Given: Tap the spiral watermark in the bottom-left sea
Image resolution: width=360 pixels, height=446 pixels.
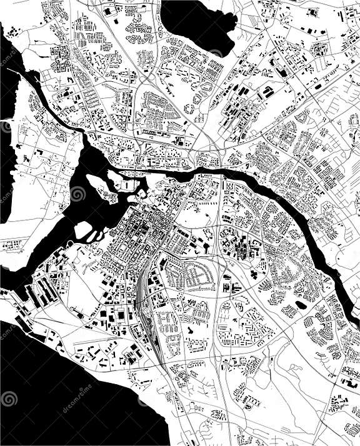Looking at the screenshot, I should click(9, 398).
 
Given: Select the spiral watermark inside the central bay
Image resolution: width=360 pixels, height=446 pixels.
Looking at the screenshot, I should click(78, 195).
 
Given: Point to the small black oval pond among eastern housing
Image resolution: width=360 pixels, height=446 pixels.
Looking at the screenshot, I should click(302, 305).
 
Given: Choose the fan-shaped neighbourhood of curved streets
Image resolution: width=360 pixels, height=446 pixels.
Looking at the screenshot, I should click(191, 275).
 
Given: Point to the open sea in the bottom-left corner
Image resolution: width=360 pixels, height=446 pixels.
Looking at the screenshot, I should click(37, 406).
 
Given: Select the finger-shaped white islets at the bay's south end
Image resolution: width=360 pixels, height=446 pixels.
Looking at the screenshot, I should click(87, 234).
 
